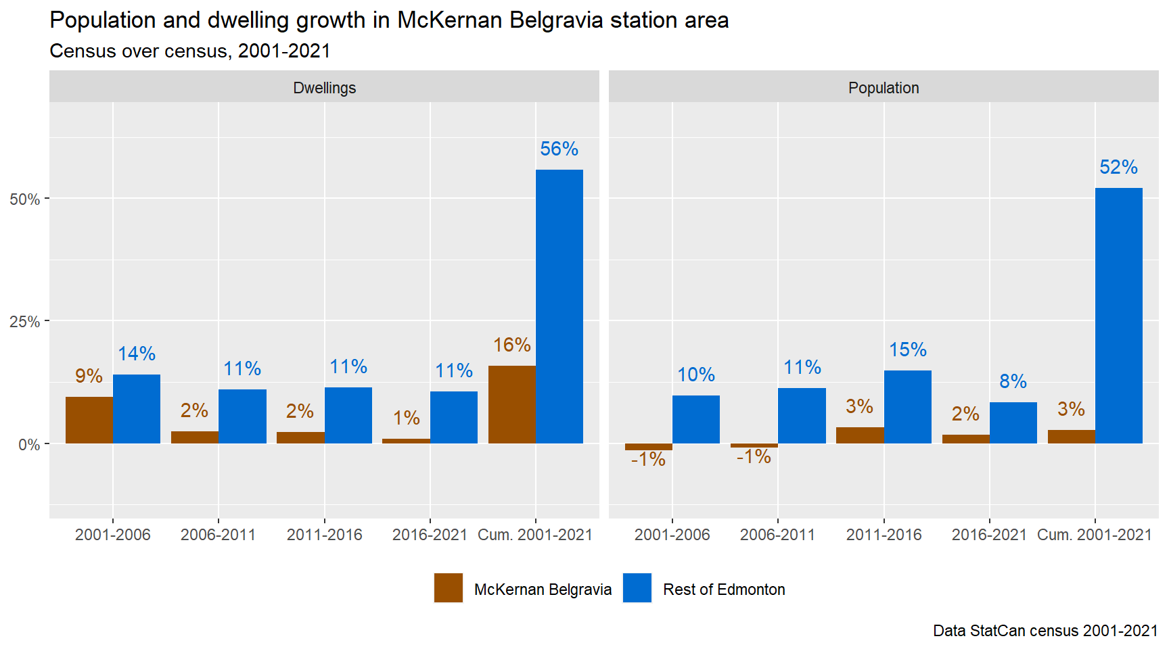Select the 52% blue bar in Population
click(1118, 316)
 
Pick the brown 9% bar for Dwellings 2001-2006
click(89, 420)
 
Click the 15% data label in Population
click(907, 350)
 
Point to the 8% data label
click(1013, 381)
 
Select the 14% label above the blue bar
click(137, 354)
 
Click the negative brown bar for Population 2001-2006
click(648, 447)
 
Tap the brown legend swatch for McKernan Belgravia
click(449, 588)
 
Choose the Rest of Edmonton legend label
click(724, 590)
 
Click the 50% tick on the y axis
click(24, 199)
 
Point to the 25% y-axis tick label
click(24, 322)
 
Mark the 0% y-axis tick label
click(28, 445)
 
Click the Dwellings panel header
click(324, 88)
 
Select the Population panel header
click(884, 88)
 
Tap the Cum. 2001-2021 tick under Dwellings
click(535, 535)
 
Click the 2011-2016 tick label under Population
click(884, 535)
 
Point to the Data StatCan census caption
click(1045, 631)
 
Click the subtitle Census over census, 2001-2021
click(190, 51)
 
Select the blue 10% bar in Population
click(695, 419)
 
